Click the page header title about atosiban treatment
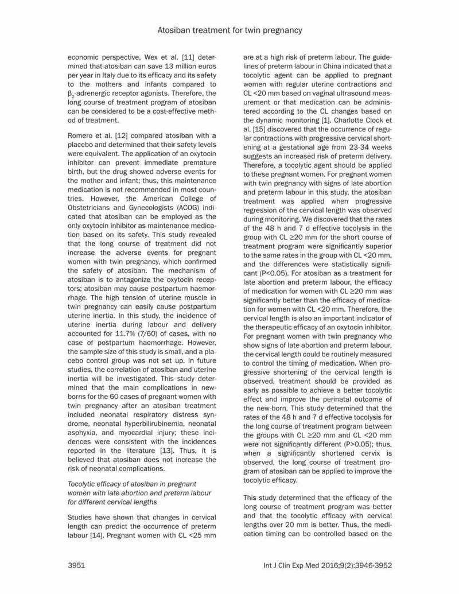(229, 29)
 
